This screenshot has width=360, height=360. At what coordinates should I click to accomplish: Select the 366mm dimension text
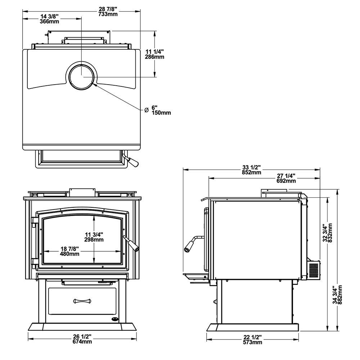49,22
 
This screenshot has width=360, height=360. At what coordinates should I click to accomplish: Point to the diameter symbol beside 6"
146,110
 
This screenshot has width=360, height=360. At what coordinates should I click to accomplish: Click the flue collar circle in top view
81,76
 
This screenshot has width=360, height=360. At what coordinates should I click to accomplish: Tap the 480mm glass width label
69,254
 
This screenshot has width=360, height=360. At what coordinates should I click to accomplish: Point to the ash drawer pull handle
82,301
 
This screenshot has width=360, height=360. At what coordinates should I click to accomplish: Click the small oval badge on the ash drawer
114,319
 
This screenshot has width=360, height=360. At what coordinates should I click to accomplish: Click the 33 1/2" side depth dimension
251,167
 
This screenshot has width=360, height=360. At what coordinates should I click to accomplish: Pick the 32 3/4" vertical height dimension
325,233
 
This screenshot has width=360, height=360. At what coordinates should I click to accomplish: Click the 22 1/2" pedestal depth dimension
252,337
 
